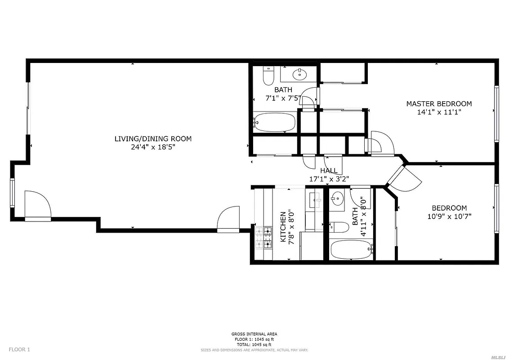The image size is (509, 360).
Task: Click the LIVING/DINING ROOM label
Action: tap(153, 139)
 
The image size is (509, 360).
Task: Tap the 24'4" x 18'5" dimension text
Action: tap(153, 147)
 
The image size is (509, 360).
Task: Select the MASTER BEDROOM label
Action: tap(439, 104)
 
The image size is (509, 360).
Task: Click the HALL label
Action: tap(329, 171)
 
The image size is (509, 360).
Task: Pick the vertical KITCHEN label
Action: tap(283, 227)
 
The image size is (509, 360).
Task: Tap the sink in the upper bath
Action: tap(298, 73)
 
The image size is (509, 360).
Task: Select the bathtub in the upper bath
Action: tap(275, 121)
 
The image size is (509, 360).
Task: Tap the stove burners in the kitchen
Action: tap(263, 238)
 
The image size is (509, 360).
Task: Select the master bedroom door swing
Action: tap(382, 143)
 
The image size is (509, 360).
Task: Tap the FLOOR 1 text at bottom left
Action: tap(20, 349)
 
